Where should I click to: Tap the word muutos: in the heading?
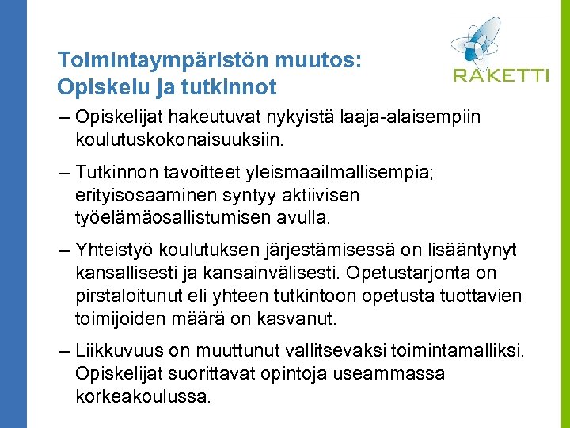pos(319,60)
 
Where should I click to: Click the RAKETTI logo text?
pos(500,75)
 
